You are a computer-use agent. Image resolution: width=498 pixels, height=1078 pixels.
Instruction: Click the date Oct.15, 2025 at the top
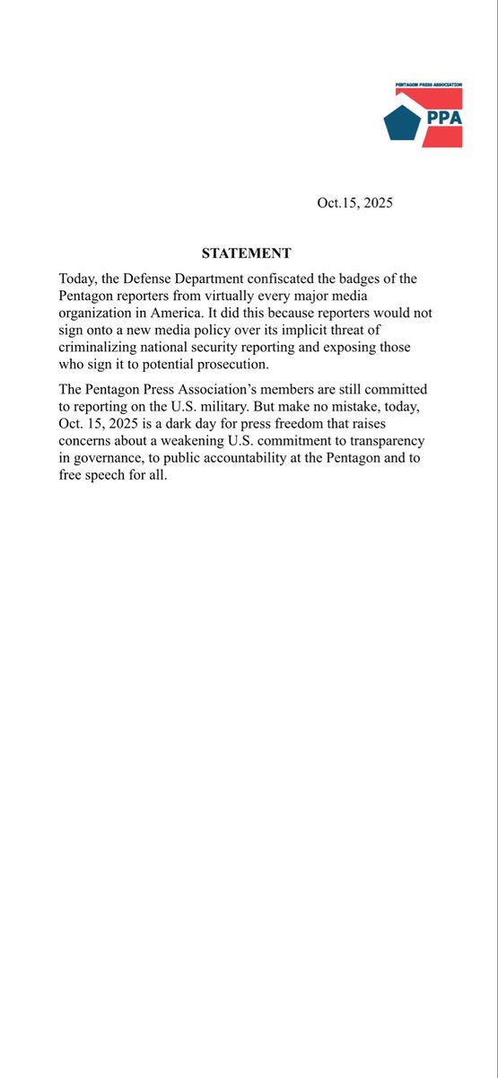354,203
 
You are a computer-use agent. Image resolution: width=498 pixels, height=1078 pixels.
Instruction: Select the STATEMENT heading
246,253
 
